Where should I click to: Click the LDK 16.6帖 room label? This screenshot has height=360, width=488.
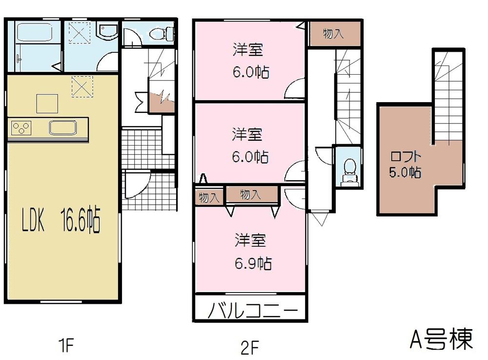tap(61, 223)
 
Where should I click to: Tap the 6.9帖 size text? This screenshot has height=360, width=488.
tap(253, 264)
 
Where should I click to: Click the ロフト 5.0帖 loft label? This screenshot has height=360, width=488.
tap(405, 165)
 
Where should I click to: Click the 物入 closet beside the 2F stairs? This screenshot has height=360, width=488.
tap(334, 34)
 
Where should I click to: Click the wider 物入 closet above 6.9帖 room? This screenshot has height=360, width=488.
tap(251, 194)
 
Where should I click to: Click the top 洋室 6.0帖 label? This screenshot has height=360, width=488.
tap(250, 61)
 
